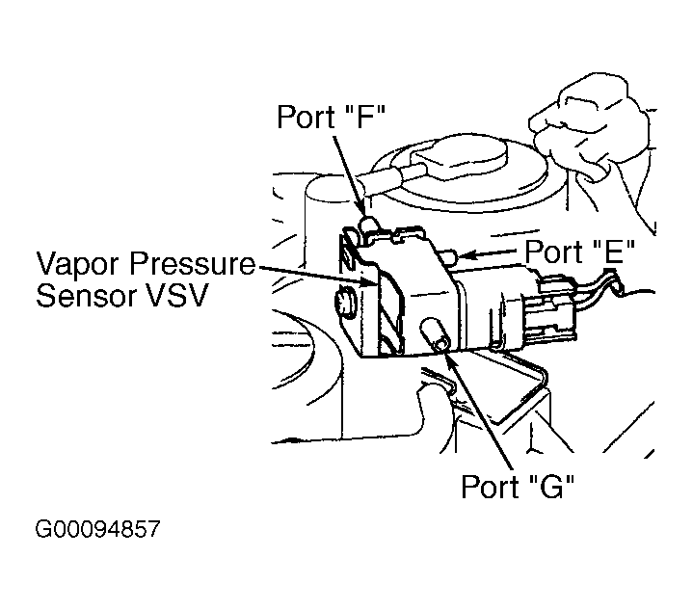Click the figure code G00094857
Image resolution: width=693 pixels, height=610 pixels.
[x=97, y=530]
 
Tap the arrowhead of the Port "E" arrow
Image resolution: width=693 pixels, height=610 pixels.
[x=460, y=255]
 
